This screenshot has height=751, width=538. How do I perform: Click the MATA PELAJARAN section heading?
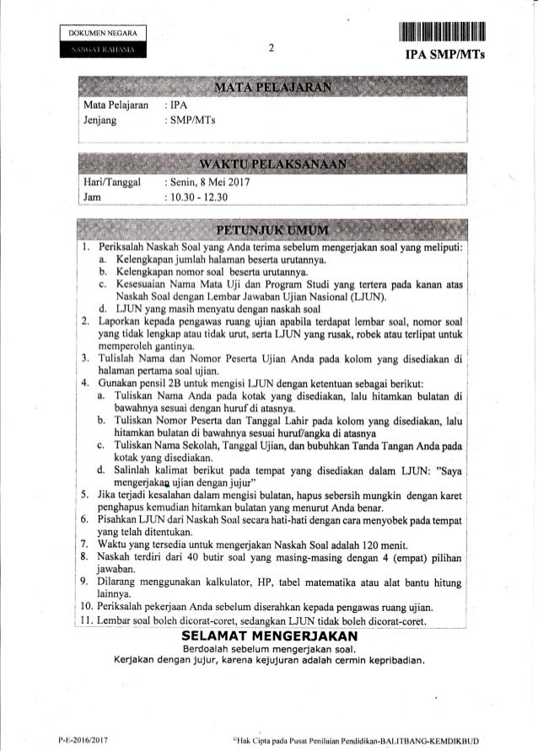point(270,89)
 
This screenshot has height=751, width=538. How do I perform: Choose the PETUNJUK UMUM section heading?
point(270,229)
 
